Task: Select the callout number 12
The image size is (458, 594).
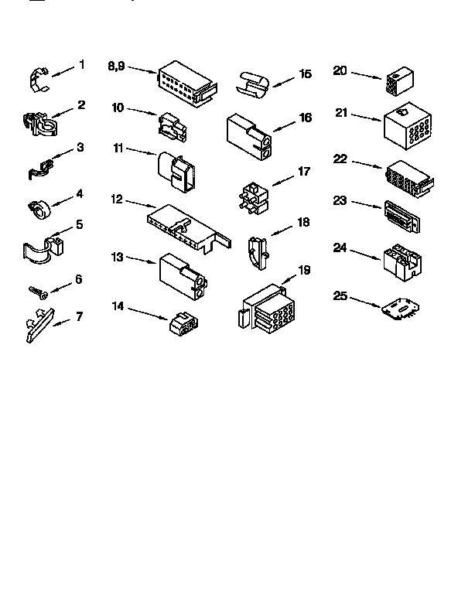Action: click(x=116, y=199)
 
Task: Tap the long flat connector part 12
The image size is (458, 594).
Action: click(x=186, y=226)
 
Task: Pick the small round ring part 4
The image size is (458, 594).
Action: click(x=39, y=207)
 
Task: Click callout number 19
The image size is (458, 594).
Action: click(x=304, y=269)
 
